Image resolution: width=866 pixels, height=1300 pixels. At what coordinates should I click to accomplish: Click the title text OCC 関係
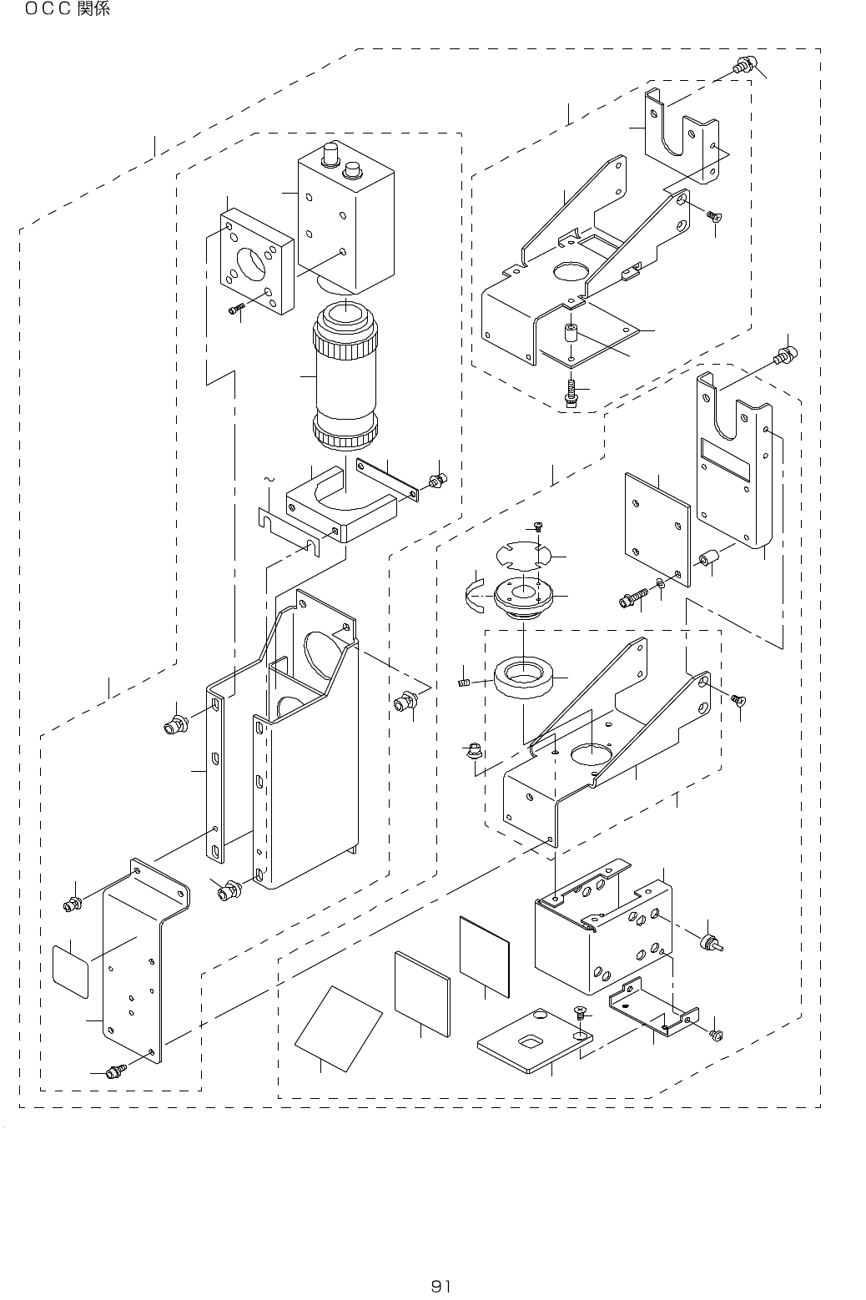[x=67, y=9]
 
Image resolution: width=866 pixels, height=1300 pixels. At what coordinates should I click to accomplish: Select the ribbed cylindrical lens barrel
[x=345, y=376]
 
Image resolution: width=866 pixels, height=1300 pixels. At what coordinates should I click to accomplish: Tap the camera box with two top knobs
[x=346, y=217]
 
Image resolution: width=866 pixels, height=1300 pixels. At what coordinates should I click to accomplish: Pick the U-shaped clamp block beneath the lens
[x=342, y=504]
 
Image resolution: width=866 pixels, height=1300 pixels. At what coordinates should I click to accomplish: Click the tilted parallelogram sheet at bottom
[x=339, y=1028]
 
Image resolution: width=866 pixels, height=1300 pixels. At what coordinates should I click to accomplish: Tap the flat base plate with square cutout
[x=535, y=1041]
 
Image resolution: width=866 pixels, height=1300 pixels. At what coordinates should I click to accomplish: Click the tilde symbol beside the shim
[x=268, y=480]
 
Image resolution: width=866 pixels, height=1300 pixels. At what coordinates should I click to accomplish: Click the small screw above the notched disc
[x=538, y=527]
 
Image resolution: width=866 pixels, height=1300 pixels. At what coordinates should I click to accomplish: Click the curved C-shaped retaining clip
[x=475, y=595]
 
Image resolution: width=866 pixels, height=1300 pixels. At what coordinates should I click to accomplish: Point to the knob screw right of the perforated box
[x=712, y=943]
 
